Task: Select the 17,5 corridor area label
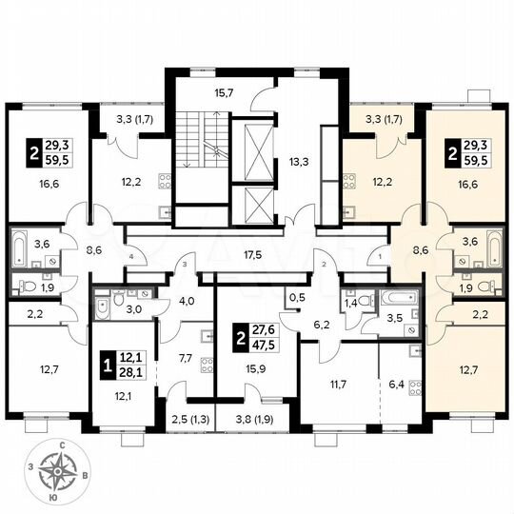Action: tap(252, 254)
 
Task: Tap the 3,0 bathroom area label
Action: tap(135, 307)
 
